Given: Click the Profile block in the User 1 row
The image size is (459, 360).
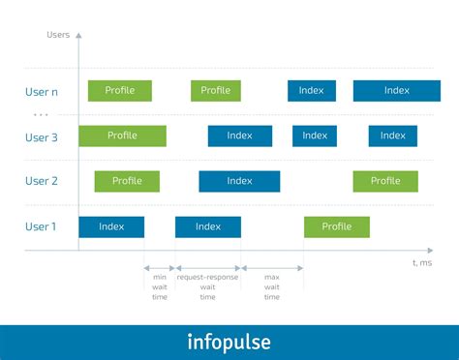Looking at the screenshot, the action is pyautogui.click(x=337, y=227).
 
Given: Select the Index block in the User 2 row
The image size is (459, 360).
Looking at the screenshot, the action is pyautogui.click(x=239, y=181).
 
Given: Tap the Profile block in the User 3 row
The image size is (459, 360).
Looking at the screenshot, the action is pyautogui.click(x=122, y=136).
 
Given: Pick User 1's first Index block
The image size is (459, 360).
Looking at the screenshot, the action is pyautogui.click(x=111, y=227).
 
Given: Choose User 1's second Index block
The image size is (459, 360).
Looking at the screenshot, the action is pyautogui.click(x=208, y=227).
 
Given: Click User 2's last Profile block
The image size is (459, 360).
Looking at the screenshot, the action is pyautogui.click(x=385, y=181).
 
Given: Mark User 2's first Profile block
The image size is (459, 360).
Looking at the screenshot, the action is pyautogui.click(x=127, y=181).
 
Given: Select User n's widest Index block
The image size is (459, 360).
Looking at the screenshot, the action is pyautogui.click(x=397, y=91).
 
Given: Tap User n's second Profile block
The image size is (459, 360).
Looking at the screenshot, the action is pyautogui.click(x=216, y=91).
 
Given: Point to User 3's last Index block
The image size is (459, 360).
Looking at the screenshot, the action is pyautogui.click(x=393, y=136).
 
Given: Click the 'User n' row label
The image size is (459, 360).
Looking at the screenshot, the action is pyautogui.click(x=42, y=92).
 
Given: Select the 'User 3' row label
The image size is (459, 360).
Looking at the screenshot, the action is pyautogui.click(x=42, y=137).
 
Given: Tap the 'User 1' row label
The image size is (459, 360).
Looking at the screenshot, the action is pyautogui.click(x=41, y=226).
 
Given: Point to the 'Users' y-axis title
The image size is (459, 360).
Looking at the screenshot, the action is pyautogui.click(x=58, y=35).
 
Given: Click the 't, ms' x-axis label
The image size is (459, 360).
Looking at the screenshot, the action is pyautogui.click(x=422, y=263).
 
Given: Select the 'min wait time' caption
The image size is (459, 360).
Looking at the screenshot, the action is pyautogui.click(x=160, y=287).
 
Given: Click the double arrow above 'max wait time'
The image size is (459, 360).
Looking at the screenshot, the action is pyautogui.click(x=272, y=268).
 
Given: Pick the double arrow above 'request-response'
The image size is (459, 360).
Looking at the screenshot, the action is pyautogui.click(x=208, y=268).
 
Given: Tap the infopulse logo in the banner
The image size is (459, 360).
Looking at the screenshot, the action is pyautogui.click(x=229, y=343).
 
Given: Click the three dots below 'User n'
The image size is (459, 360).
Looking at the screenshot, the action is pyautogui.click(x=41, y=114).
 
